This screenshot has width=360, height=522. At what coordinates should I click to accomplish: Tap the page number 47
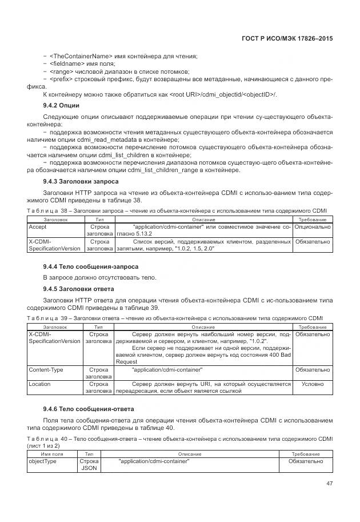point(328,483)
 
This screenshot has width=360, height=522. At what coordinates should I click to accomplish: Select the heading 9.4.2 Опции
point(61,106)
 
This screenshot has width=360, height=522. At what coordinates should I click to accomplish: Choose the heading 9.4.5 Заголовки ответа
point(78,289)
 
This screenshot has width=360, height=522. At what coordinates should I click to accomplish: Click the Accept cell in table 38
point(38,227)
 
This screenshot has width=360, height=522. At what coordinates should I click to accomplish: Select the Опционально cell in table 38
point(312,227)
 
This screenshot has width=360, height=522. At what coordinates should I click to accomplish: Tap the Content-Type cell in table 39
point(46,370)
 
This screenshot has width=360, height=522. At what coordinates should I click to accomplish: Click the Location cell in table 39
point(41,384)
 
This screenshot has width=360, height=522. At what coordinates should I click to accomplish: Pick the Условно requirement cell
point(312,384)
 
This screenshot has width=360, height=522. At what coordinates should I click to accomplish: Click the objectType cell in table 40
point(43,461)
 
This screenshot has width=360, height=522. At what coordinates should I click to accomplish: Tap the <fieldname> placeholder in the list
point(64,63)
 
